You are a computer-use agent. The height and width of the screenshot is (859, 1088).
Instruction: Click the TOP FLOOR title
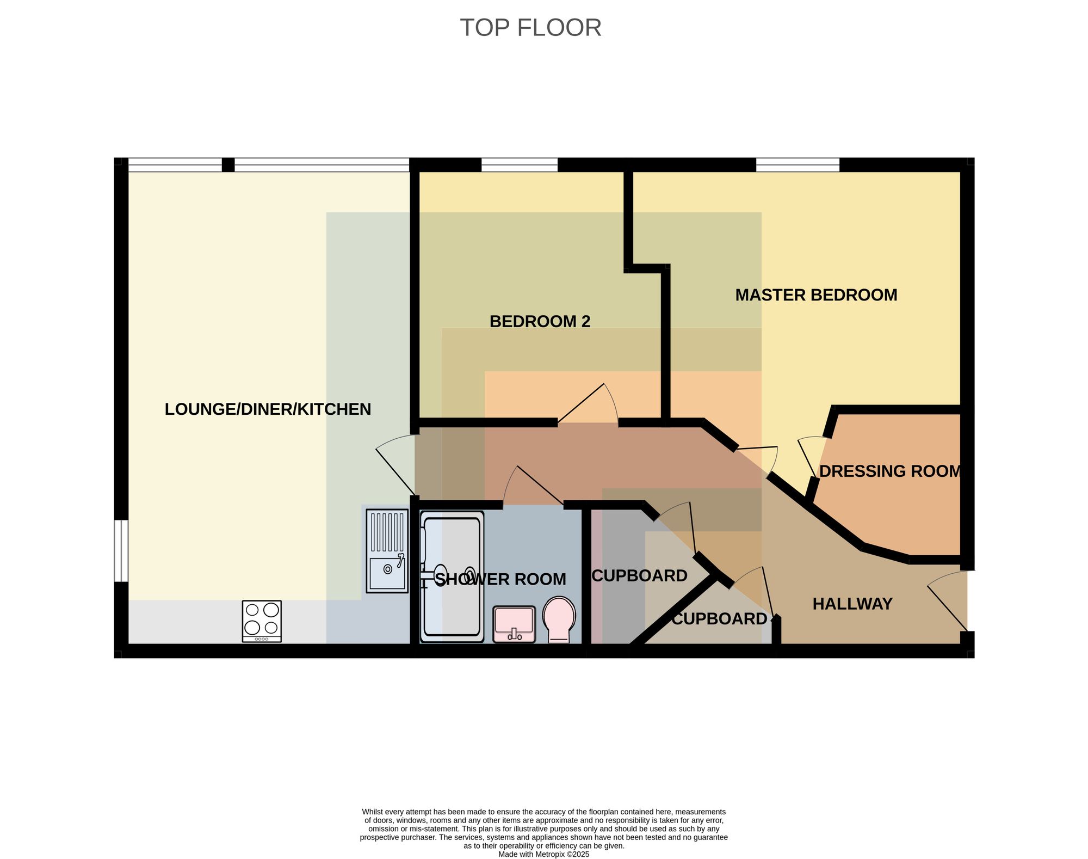(x=530, y=28)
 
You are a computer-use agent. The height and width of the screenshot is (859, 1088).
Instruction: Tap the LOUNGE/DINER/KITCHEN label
(x=268, y=409)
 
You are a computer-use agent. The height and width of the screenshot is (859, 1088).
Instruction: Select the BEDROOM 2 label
(x=540, y=322)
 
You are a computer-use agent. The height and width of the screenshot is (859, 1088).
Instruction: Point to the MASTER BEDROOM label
(x=816, y=295)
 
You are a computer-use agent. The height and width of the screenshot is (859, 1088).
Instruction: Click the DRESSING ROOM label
(x=890, y=471)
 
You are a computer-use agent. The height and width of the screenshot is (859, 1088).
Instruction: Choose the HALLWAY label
(x=852, y=604)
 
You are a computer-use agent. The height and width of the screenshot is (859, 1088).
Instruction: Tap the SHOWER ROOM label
(x=500, y=579)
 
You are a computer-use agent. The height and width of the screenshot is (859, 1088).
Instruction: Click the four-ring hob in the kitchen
(x=262, y=621)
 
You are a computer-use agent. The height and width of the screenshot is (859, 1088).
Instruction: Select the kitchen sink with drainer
(x=387, y=551)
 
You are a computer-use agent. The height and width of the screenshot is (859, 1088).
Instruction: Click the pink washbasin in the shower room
(x=514, y=624)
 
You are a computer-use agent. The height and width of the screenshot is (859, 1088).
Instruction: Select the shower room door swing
(x=533, y=486)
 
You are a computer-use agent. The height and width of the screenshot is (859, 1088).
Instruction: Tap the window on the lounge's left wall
(x=121, y=551)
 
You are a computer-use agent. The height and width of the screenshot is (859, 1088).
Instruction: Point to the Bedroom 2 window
(x=520, y=164)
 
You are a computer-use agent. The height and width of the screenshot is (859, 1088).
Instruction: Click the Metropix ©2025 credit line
(x=544, y=854)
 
